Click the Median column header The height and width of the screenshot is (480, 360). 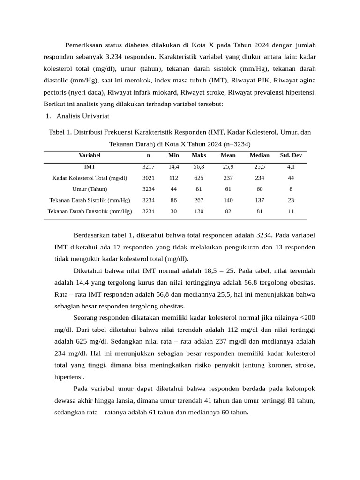[259, 155]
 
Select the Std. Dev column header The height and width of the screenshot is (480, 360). [291, 155]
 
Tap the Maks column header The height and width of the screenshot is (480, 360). [199, 155]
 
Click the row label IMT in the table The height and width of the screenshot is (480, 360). [90, 166]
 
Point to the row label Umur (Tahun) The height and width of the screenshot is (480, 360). [90, 189]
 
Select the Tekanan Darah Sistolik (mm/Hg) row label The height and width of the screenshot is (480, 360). [90, 200]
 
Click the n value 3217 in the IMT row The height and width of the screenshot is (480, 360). [148, 166]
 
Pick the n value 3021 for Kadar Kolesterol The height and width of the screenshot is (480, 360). [148, 178]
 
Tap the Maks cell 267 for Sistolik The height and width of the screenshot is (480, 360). [199, 200]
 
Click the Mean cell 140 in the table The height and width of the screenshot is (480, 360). [228, 200]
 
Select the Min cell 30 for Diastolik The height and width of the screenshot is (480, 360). [173, 211]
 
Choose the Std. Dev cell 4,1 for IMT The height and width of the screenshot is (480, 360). [291, 166]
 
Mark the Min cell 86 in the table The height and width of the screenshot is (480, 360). [173, 200]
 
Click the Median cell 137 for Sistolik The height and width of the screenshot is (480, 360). [259, 200]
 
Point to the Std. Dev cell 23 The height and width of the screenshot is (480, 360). [291, 200]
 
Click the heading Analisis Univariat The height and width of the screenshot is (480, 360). [83, 116]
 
